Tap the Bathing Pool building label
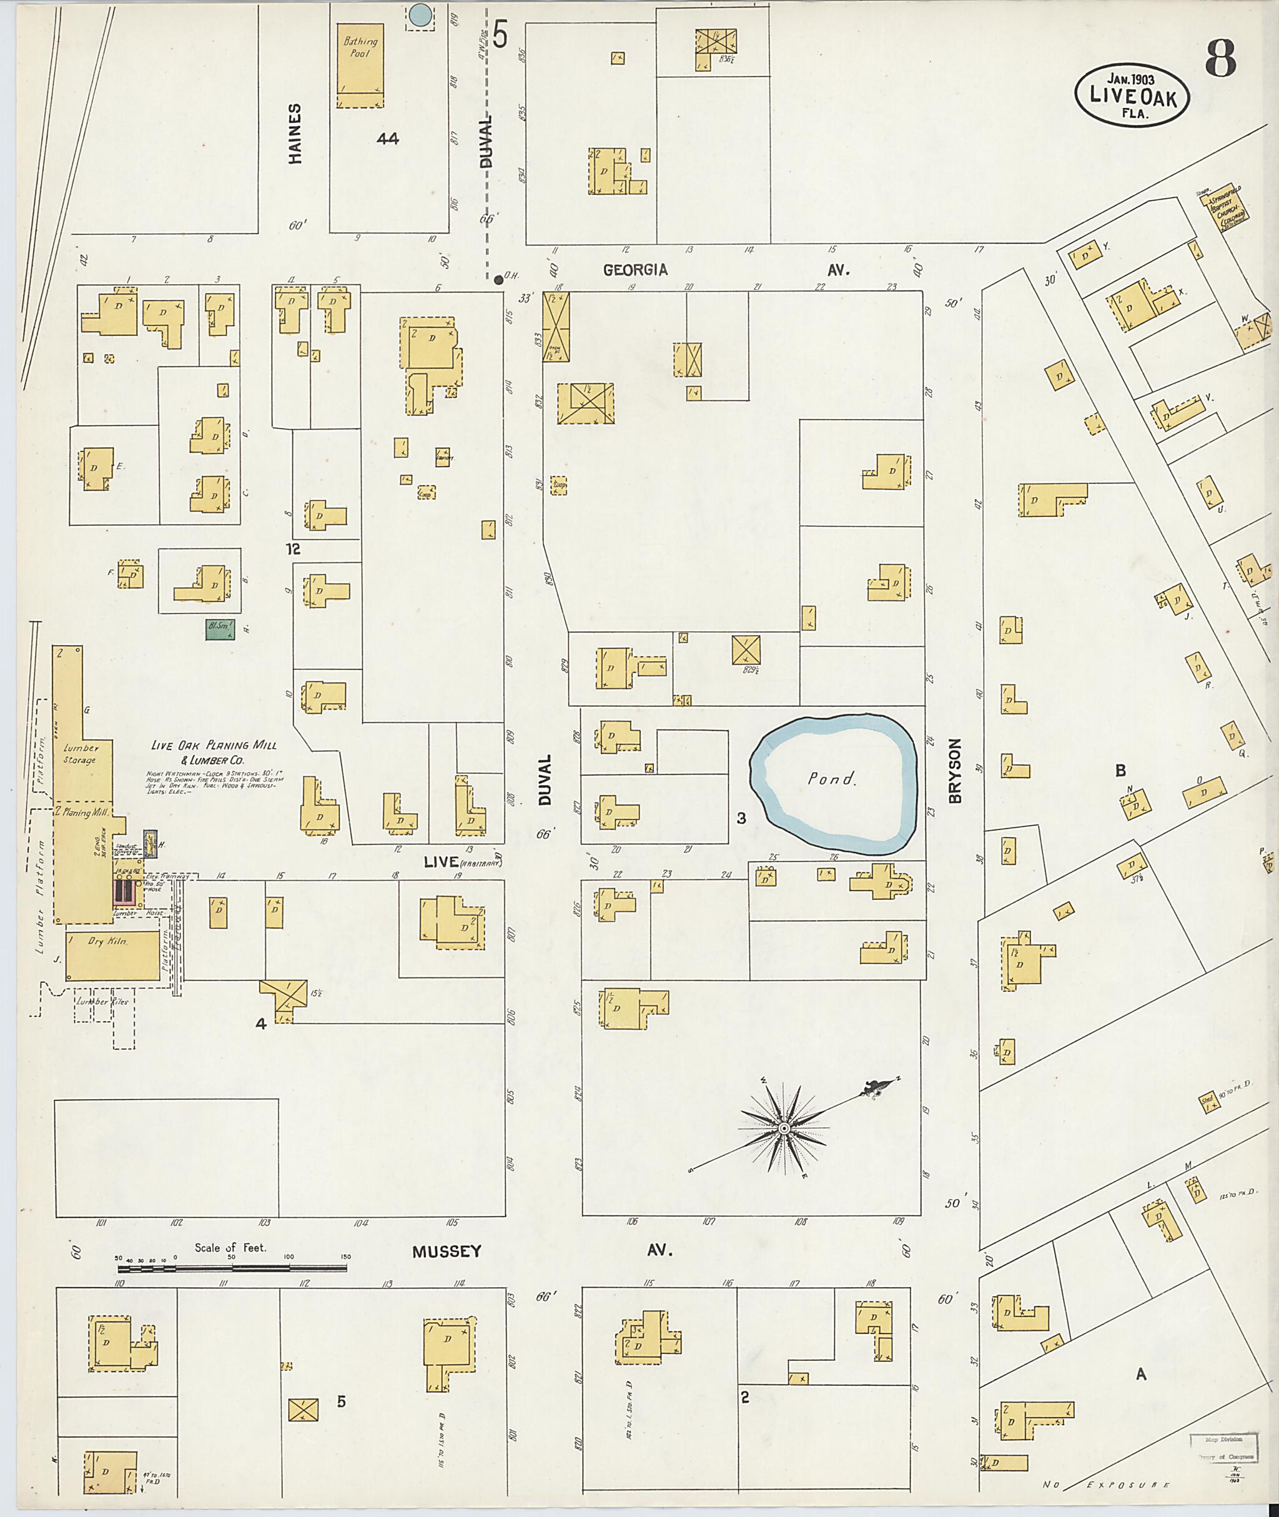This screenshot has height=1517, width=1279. coord(360,49)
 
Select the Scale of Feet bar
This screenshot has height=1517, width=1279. coord(232,1268)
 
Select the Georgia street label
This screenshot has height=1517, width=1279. coord(636,270)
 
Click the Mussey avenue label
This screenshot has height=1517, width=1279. coord(447,1252)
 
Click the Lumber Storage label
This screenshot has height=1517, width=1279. coord(79,753)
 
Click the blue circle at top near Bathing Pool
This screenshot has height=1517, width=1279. coord(420,15)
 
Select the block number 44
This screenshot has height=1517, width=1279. coord(387,139)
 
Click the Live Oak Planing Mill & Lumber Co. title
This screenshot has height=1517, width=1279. coord(213,752)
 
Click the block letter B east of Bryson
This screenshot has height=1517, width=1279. coord(1120,769)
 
